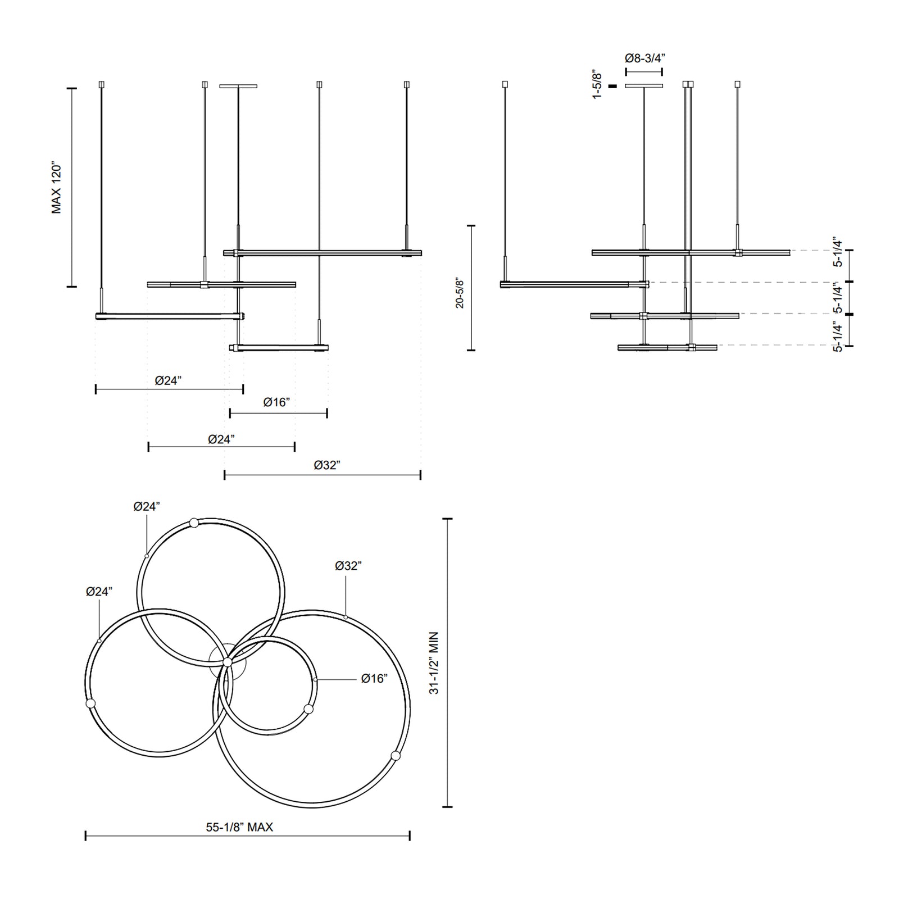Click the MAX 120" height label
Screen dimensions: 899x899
[x=57, y=189]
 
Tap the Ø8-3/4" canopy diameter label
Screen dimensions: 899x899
[x=645, y=57]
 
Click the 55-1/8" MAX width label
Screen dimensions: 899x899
[x=239, y=827]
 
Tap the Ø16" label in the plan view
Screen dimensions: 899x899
[x=374, y=679]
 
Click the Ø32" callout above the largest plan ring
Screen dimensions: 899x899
[x=348, y=566]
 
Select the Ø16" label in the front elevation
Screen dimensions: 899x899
[x=276, y=402]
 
